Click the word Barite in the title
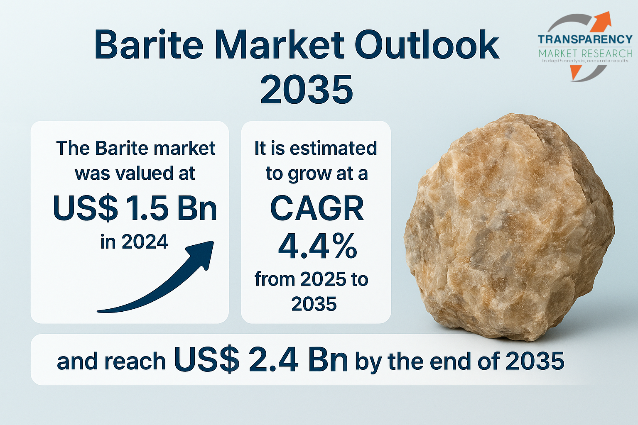(x=148, y=45)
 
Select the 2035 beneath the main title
(x=307, y=89)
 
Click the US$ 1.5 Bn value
(x=135, y=208)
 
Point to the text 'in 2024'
(x=135, y=242)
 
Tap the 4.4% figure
(x=317, y=246)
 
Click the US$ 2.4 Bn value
(x=261, y=359)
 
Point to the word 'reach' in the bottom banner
(x=135, y=361)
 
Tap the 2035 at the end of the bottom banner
(x=535, y=361)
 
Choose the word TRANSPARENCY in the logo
(x=585, y=39)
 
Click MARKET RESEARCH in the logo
(x=585, y=53)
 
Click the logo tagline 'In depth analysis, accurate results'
(x=585, y=61)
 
